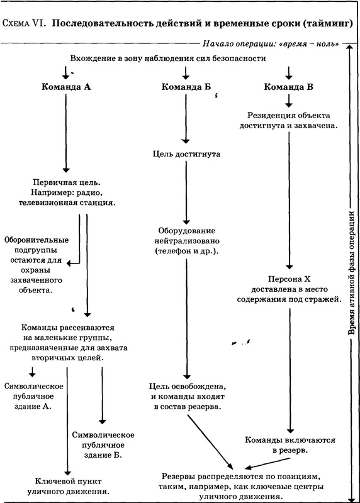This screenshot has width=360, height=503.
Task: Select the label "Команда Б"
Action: point(185,87)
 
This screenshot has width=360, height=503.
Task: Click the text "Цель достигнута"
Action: point(185,153)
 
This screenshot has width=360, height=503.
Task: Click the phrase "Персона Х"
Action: point(286,278)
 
